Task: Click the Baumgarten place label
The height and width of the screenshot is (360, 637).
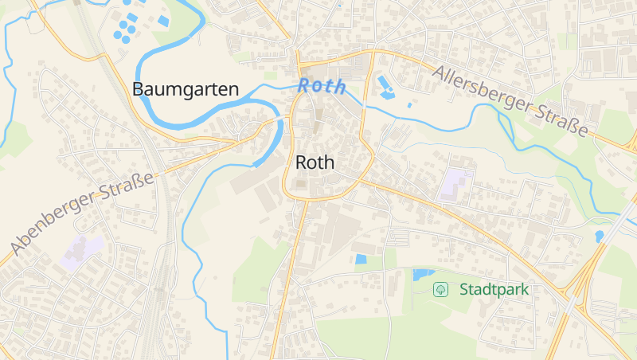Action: pyautogui.click(x=186, y=89)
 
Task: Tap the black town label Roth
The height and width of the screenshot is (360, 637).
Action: pyautogui.click(x=315, y=162)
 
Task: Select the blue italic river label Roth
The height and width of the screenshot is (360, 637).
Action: pyautogui.click(x=322, y=86)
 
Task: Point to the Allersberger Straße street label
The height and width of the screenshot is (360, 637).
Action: pyautogui.click(x=510, y=100)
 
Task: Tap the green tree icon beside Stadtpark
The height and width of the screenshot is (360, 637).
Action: pyautogui.click(x=439, y=289)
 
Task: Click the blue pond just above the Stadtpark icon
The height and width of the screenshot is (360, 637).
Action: pyautogui.click(x=422, y=275)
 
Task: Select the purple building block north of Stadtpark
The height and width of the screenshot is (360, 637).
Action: pyautogui.click(x=455, y=183)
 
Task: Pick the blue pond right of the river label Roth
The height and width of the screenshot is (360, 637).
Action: pyautogui.click(x=387, y=88)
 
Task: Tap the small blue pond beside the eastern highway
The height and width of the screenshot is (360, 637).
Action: pyautogui.click(x=599, y=237)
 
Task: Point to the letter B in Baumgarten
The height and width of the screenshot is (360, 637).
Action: pyautogui.click(x=139, y=89)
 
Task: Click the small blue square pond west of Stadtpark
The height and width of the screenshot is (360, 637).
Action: pyautogui.click(x=361, y=259)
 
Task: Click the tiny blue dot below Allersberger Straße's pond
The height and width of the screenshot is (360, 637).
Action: pyautogui.click(x=409, y=105)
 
